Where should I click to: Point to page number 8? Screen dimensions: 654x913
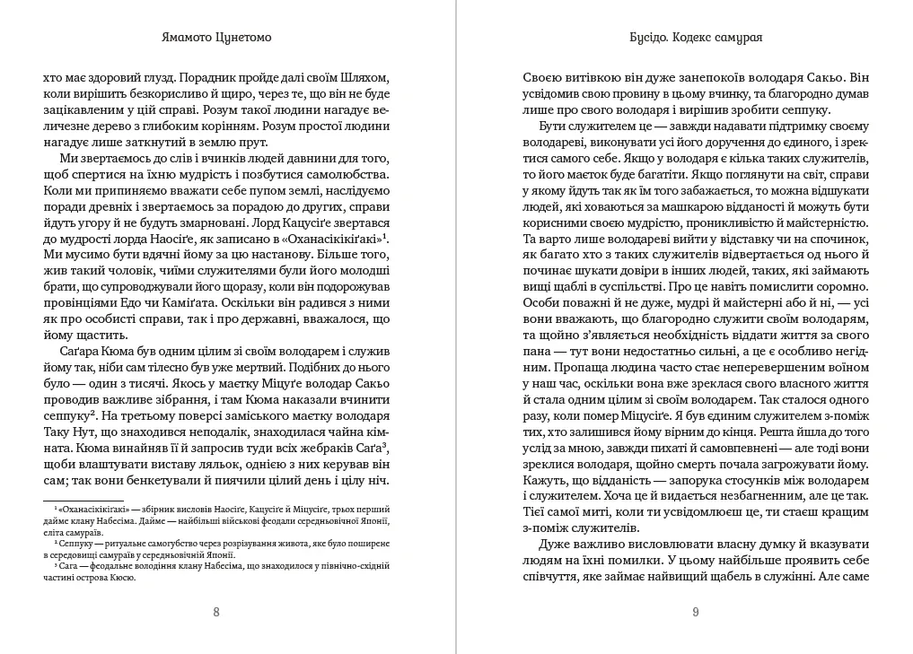coord(215,613)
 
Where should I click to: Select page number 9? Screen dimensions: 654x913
coord(696,613)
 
